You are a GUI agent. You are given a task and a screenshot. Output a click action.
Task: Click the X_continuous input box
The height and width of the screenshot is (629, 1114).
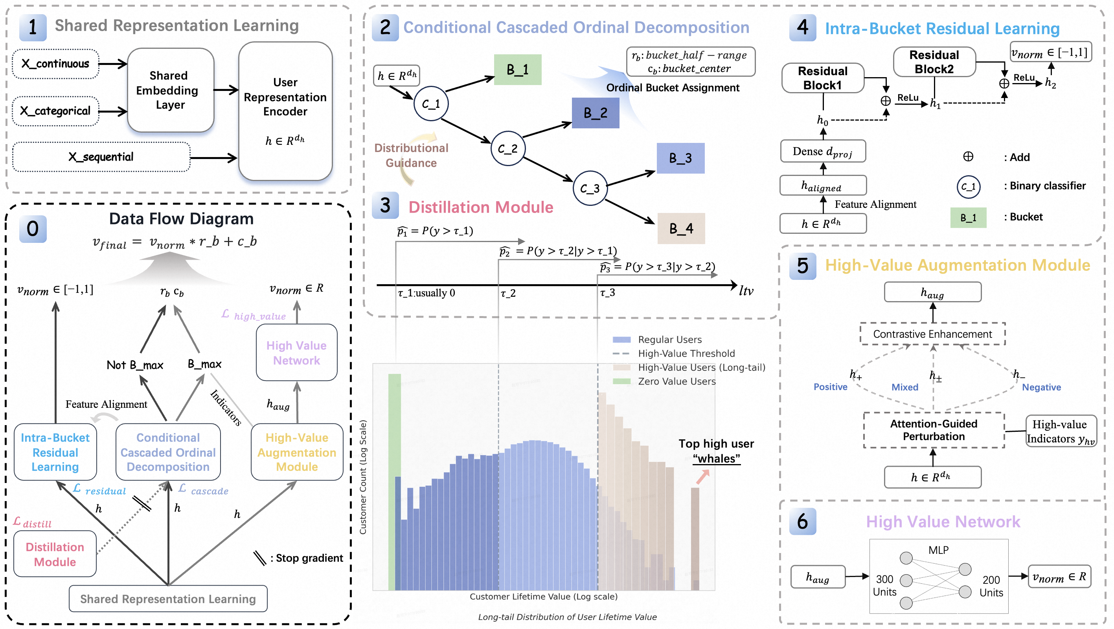55,64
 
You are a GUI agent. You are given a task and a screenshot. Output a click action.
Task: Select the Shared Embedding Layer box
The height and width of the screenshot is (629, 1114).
170,90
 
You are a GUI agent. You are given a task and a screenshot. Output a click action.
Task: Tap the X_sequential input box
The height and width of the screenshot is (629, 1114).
101,157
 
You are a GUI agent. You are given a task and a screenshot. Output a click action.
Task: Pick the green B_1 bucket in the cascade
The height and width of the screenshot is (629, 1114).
518,70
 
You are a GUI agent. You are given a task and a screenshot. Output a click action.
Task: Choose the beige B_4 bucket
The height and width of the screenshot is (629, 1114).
681,228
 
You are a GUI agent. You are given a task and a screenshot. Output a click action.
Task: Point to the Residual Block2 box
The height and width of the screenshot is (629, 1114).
934,62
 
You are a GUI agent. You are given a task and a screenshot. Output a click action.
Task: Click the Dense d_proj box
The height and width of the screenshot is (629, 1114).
822,151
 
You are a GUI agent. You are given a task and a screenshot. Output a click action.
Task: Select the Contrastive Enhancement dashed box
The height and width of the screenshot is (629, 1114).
932,334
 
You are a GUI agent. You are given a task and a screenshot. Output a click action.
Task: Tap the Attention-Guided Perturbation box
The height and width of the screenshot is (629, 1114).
933,430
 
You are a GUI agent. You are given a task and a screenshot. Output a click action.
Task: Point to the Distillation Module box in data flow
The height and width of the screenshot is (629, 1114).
55,554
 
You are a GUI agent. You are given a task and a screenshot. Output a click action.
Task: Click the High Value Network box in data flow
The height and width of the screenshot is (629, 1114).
296,352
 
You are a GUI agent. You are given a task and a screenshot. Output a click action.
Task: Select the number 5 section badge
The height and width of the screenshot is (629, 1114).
802,266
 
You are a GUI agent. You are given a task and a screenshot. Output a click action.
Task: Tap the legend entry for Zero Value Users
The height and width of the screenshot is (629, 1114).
676,381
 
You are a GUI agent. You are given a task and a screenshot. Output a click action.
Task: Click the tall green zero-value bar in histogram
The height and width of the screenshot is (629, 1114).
394,481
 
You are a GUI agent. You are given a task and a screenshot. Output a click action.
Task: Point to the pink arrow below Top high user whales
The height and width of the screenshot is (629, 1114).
702,477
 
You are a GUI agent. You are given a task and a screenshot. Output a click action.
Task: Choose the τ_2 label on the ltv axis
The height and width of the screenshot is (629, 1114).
508,294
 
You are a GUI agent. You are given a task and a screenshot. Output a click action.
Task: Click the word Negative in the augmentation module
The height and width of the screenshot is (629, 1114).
1041,387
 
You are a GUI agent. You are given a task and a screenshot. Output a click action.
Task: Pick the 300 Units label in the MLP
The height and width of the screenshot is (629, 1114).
884,585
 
